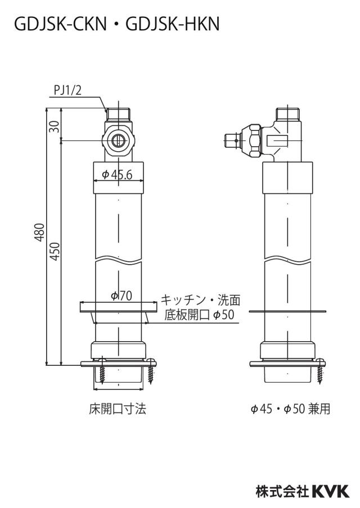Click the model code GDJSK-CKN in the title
[60, 24]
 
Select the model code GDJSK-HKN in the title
[173, 24]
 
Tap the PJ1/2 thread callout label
[68, 90]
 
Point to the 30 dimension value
[56, 126]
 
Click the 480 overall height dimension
[39, 232]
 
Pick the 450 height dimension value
[56, 251]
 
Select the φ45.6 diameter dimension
[118, 175]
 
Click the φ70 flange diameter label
[121, 296]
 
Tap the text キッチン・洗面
[201, 300]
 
